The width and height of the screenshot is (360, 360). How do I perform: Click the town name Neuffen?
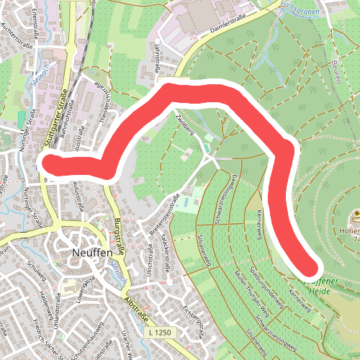(93, 253)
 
